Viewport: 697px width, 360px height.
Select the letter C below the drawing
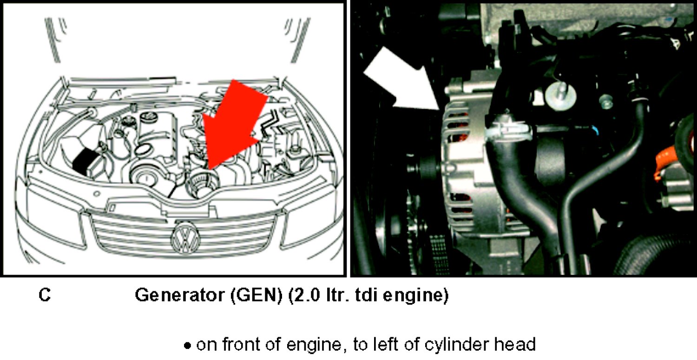45,295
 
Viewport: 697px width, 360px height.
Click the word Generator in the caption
179,295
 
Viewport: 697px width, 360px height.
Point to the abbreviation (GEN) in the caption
256,295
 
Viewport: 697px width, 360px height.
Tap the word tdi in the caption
366,295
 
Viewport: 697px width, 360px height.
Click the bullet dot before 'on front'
187,346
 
